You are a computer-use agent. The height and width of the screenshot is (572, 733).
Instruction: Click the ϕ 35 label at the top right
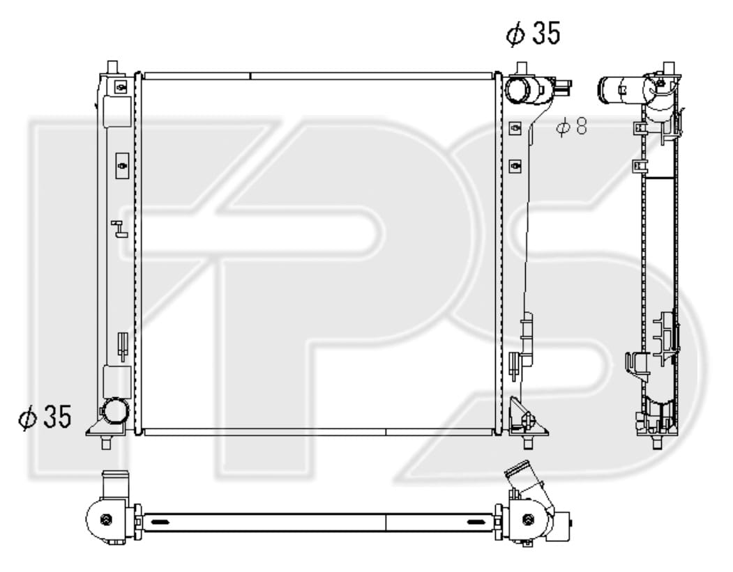pos(534,33)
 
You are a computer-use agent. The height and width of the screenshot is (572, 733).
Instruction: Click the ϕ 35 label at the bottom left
pos(45,417)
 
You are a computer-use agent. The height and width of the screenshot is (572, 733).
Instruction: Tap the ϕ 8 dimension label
pos(571,126)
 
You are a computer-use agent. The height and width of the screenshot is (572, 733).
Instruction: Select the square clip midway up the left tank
pos(122,165)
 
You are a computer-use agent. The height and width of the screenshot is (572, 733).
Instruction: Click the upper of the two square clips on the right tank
pos(515,128)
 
